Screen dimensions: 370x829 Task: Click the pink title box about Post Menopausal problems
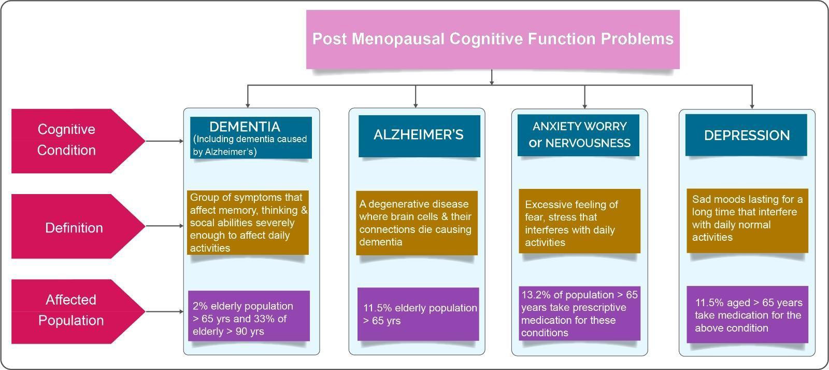tap(492, 39)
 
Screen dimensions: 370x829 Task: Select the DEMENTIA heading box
tap(251, 138)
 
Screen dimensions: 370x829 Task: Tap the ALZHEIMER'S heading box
tap(419, 135)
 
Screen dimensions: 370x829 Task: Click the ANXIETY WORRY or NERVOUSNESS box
tap(578, 135)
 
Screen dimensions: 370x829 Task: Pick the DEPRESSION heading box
tap(746, 135)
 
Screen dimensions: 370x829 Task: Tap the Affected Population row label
tap(72, 311)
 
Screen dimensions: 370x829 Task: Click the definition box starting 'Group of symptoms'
tap(248, 222)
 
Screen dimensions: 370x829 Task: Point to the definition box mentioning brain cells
tap(416, 223)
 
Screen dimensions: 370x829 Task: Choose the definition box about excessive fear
tap(579, 223)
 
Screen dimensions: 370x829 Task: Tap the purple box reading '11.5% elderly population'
tap(418, 314)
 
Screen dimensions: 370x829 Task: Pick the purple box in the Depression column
tap(747, 315)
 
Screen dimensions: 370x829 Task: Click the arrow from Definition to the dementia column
tap(165, 226)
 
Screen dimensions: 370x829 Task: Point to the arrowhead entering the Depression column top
tap(752, 105)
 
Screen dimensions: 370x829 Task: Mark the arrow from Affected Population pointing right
tap(165, 311)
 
